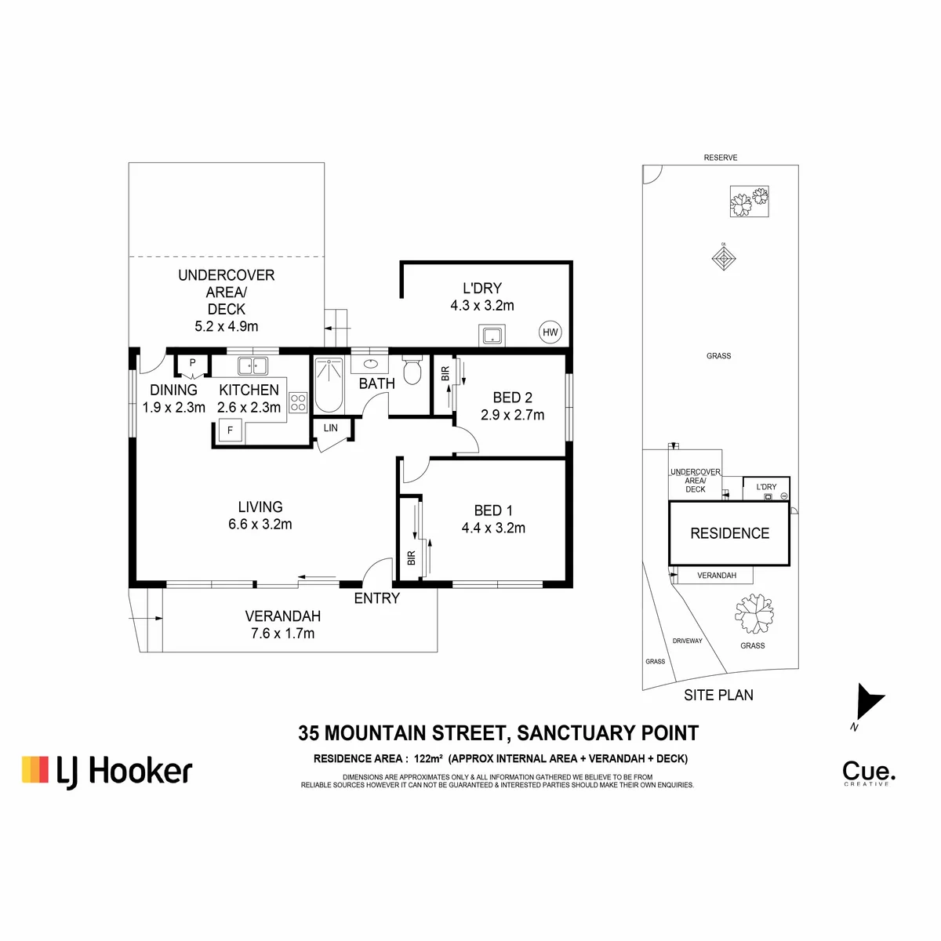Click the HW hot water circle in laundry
click(550, 332)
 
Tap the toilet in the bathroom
click(412, 369)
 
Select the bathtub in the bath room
click(329, 385)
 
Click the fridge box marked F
click(230, 431)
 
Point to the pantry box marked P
click(192, 365)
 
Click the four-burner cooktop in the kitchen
click(298, 403)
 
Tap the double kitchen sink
click(253, 365)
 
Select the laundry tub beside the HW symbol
click(492, 336)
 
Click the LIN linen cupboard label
click(331, 428)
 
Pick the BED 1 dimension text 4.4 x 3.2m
click(493, 528)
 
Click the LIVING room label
click(260, 507)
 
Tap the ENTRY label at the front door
click(376, 598)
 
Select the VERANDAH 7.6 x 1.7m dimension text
click(283, 634)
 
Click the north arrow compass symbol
click(868, 702)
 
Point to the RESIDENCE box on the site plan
click(728, 532)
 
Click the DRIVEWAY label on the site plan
click(687, 641)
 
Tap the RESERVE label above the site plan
click(721, 158)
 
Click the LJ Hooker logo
click(107, 772)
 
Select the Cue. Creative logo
click(869, 774)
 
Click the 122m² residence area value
click(428, 758)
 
